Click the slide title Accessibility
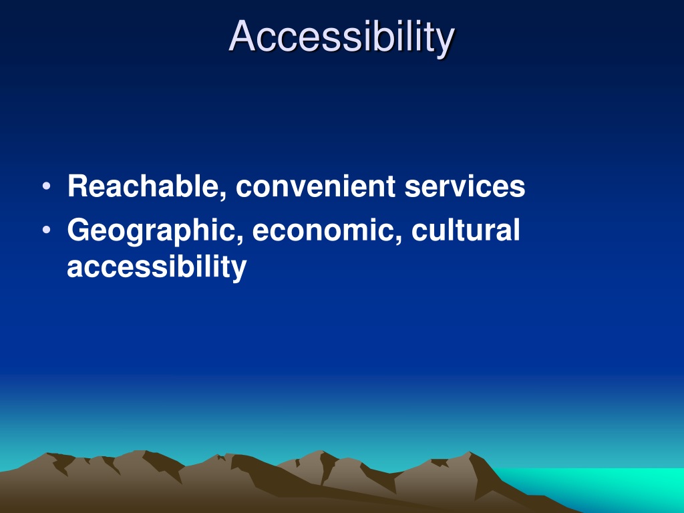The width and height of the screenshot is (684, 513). point(341,37)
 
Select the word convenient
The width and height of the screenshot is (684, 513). point(315,187)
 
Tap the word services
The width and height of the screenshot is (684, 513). point(465,187)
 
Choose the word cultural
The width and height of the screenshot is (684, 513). point(466,230)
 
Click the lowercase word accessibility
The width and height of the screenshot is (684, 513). point(156,267)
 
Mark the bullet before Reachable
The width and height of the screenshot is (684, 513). point(47,187)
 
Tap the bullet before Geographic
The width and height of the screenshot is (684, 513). point(47,230)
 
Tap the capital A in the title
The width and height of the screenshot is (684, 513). point(242,36)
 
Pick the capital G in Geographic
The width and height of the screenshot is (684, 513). point(79,230)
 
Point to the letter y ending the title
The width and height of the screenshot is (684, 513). point(446,43)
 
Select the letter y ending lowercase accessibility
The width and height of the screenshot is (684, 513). point(239,271)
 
